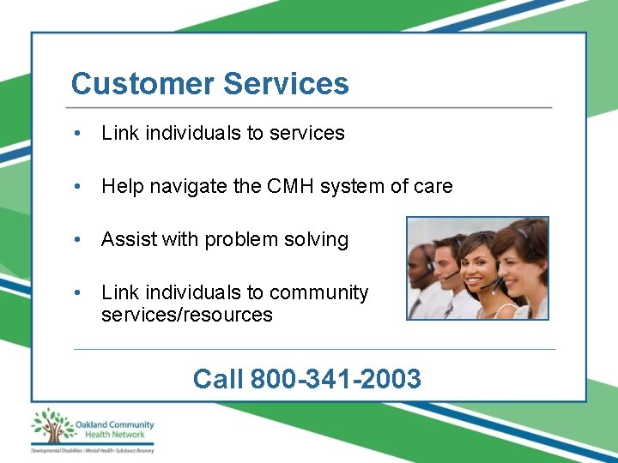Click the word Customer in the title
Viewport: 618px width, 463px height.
tap(142, 84)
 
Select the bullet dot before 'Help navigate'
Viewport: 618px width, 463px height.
tap(78, 187)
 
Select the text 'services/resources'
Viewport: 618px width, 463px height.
tap(186, 315)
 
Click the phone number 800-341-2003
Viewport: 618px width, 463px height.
tap(336, 378)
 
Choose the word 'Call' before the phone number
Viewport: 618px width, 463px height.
tap(219, 378)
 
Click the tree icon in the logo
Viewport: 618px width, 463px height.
tap(51, 426)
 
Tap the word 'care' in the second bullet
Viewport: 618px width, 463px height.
tap(433, 187)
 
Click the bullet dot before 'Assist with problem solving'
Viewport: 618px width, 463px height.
tap(78, 240)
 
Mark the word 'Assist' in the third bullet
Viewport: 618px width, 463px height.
tap(121, 240)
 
